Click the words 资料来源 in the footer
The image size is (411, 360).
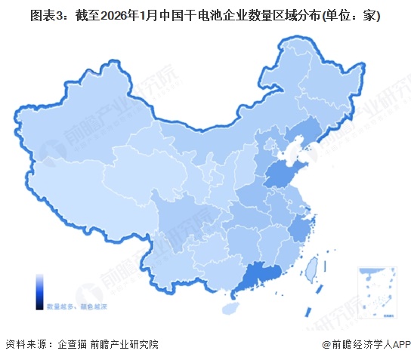(x=23, y=344)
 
